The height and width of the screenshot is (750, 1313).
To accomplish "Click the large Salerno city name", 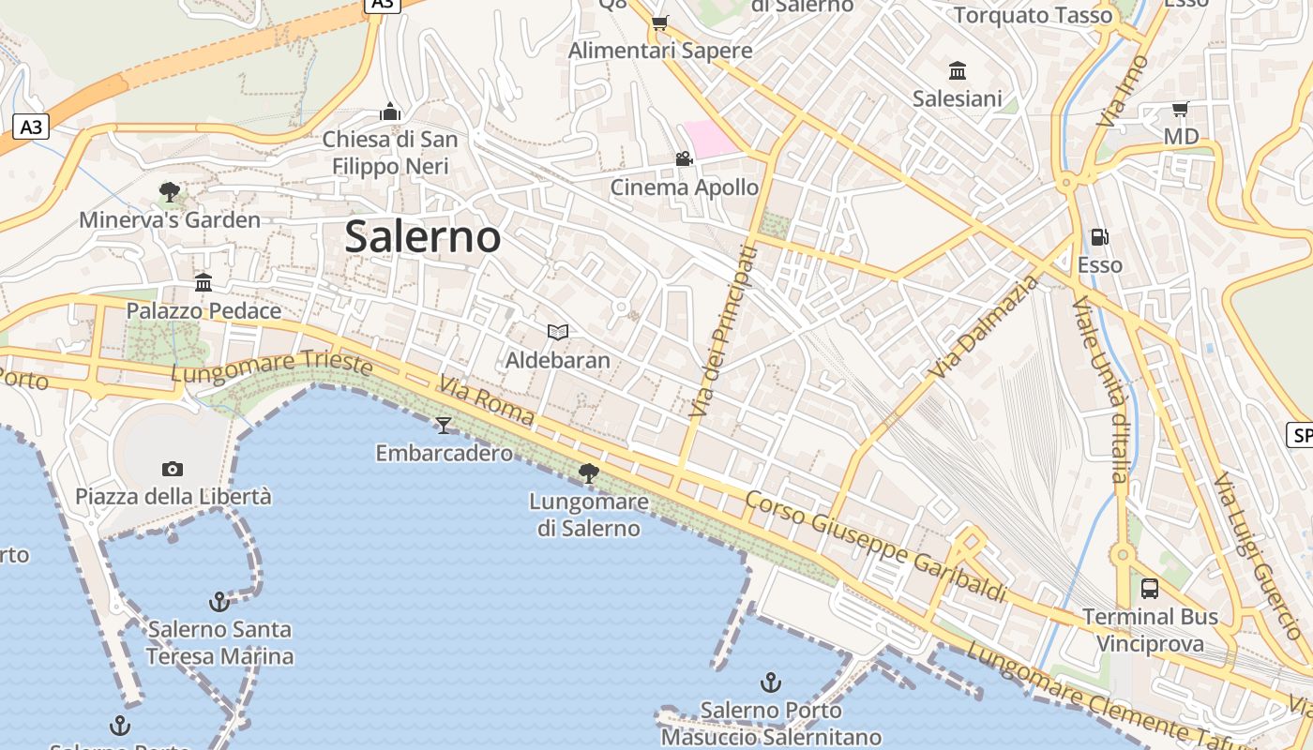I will [x=422, y=236].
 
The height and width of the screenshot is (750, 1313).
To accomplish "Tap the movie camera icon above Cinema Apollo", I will [x=684, y=159].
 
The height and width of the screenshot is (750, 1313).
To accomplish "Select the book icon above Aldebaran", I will [x=558, y=332].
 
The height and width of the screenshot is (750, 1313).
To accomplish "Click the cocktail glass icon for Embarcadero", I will [x=444, y=426].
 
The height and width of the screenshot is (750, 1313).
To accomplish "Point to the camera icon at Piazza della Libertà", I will [x=173, y=469].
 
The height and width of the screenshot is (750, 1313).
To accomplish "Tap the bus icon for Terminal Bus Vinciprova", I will [x=1150, y=589].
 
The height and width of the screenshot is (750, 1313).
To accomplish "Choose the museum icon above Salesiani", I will [x=958, y=70].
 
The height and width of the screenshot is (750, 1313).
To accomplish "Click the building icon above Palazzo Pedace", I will [x=204, y=282].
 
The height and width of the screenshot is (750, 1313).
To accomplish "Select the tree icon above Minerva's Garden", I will [x=170, y=192].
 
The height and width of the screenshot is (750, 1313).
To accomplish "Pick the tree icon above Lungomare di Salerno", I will [x=589, y=473].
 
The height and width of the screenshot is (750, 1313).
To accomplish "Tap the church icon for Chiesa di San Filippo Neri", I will [x=390, y=112].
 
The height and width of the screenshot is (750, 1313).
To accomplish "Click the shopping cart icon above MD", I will [x=1180, y=109].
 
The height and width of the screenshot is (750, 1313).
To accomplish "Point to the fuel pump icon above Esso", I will [x=1099, y=237].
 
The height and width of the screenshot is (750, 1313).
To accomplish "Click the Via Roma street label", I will [x=486, y=400].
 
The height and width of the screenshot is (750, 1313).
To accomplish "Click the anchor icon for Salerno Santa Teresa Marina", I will [x=219, y=601].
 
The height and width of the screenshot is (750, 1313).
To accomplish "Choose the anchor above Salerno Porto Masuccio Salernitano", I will [x=771, y=682].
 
